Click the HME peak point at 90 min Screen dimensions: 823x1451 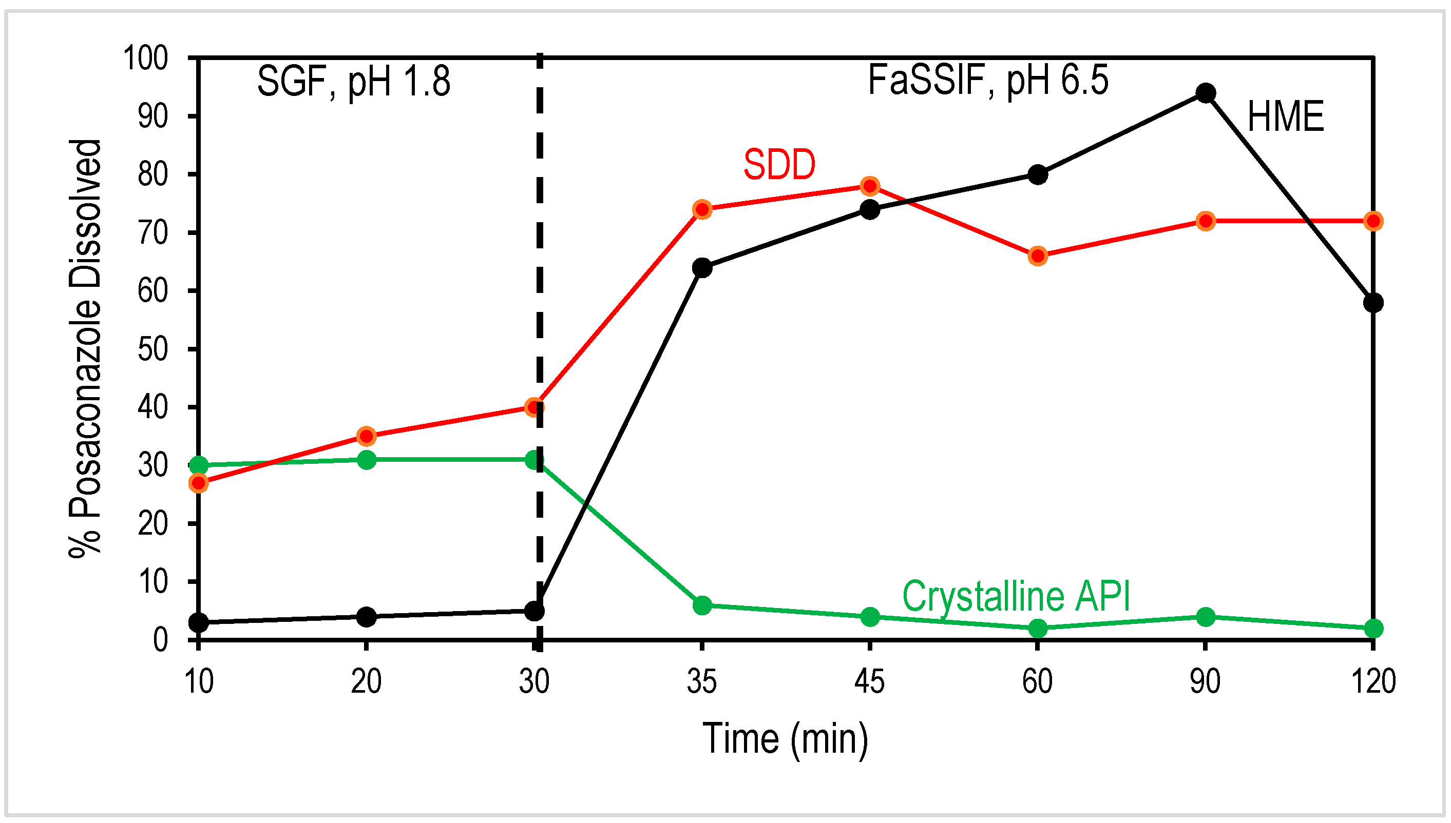[x=1206, y=93]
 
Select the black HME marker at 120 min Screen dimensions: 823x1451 [x=1373, y=302]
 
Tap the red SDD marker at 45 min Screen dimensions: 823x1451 [x=870, y=186]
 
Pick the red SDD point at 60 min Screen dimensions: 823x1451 [x=1038, y=256]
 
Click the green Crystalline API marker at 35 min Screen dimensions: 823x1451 [x=702, y=605]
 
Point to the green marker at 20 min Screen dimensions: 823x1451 [x=367, y=460]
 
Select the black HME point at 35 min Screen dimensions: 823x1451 [x=702, y=267]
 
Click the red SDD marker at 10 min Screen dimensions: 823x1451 [x=199, y=483]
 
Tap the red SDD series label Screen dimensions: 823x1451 [x=779, y=165]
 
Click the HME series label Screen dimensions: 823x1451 [x=1285, y=117]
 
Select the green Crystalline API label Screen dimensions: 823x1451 [x=1016, y=596]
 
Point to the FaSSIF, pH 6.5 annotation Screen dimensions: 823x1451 [x=987, y=81]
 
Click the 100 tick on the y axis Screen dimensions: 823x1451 [x=145, y=58]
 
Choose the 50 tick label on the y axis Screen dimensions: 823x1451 [x=152, y=349]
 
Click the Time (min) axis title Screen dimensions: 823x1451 [x=785, y=739]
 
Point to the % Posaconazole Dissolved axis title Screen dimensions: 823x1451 [x=85, y=349]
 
